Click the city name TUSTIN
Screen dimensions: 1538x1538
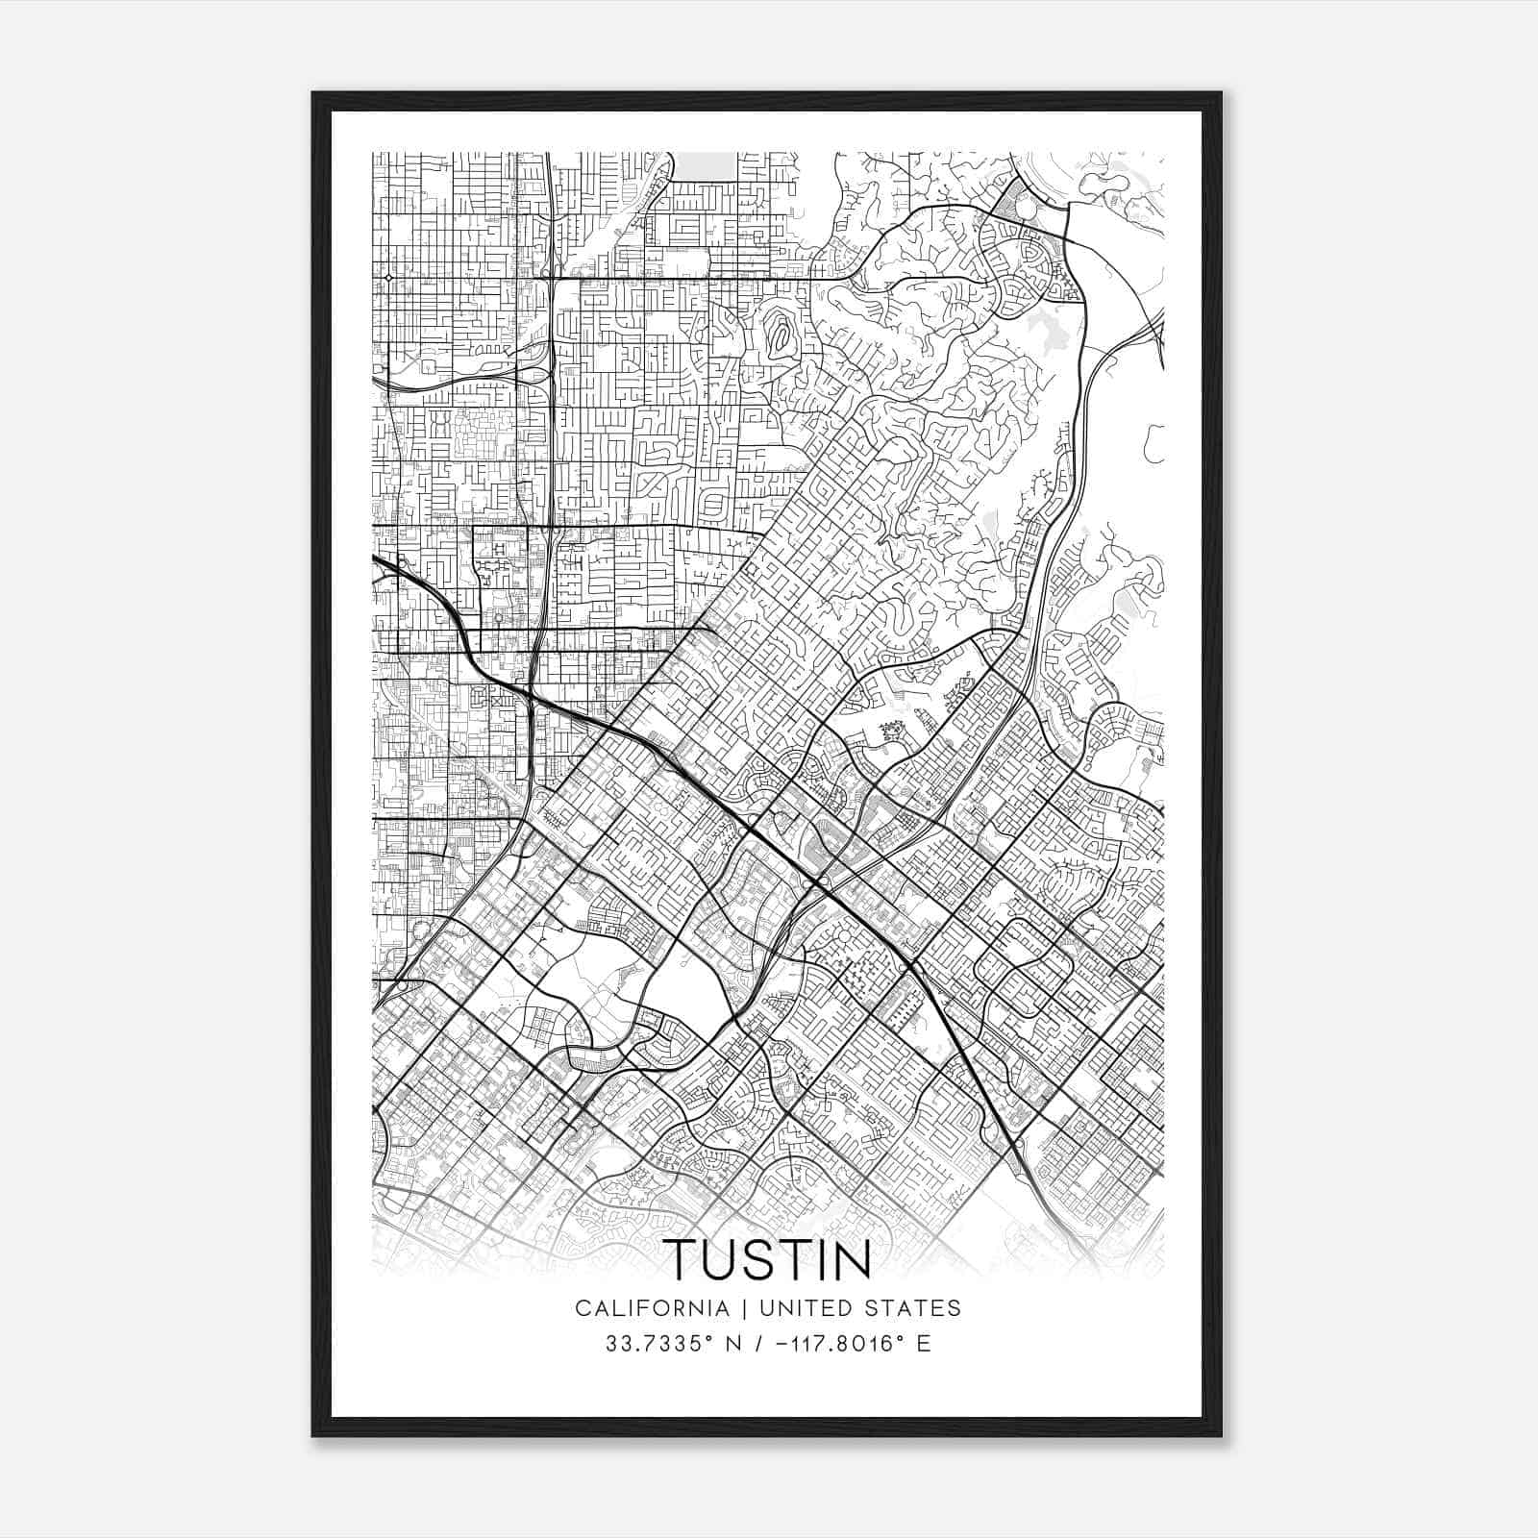coord(768,1259)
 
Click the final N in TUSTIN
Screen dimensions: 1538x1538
coord(850,1259)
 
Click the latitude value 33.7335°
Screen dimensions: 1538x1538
coord(651,1344)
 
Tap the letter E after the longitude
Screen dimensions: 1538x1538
coord(924,1344)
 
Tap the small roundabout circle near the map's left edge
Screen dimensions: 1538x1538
coord(388,278)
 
